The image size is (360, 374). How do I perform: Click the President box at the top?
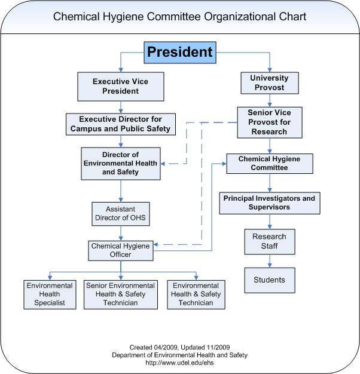click(179, 52)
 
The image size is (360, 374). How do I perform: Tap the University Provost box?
click(269, 83)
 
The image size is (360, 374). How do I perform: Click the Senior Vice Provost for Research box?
click(270, 122)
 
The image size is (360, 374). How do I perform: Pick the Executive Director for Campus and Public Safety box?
click(120, 124)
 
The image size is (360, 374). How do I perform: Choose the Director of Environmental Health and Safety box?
click(120, 163)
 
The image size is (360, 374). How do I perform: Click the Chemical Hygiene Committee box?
click(269, 164)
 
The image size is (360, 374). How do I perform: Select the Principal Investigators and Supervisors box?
click(269, 203)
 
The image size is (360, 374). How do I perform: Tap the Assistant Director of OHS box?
click(121, 214)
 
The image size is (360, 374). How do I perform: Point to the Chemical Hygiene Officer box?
click(120, 250)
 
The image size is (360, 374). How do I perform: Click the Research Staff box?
click(269, 241)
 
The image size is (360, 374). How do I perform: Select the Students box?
click(269, 280)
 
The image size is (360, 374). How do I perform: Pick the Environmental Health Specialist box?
click(50, 294)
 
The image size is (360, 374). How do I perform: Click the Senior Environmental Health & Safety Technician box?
click(120, 294)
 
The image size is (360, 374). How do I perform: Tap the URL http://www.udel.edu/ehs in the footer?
click(179, 363)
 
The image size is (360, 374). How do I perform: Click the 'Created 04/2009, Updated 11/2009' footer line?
click(179, 347)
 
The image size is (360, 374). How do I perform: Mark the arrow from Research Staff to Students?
click(269, 261)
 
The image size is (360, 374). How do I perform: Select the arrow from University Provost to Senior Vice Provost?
click(269, 100)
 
